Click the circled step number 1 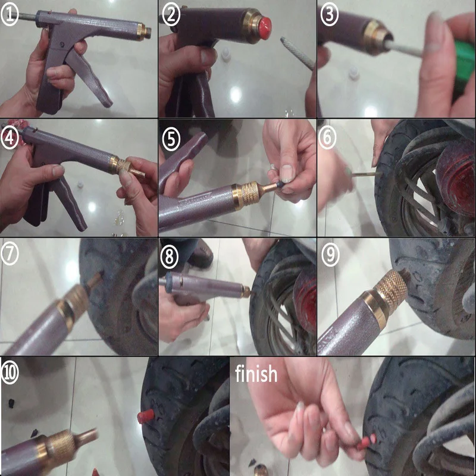click(x=10, y=14)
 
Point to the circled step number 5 click(x=171, y=138)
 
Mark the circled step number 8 click(x=171, y=256)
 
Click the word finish click(x=256, y=374)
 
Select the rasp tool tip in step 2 click(x=297, y=54)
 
